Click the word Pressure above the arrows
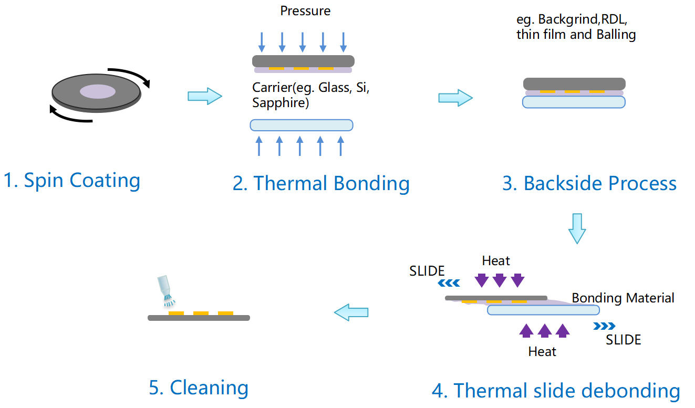point(305,11)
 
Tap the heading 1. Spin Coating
point(72,181)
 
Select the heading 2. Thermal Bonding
point(321,184)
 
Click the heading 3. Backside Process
point(589,184)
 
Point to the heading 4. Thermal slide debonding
point(556,391)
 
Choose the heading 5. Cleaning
point(199,388)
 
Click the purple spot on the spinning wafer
point(98,92)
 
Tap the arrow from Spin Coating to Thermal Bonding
point(205,96)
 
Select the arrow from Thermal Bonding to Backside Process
point(455,98)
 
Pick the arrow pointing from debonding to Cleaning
point(351,312)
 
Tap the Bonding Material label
point(623,298)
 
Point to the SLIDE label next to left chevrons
point(427,271)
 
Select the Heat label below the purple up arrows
point(542,351)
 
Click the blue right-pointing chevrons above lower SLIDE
point(604,326)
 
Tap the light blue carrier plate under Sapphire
point(301,125)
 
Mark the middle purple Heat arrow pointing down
point(500,280)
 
